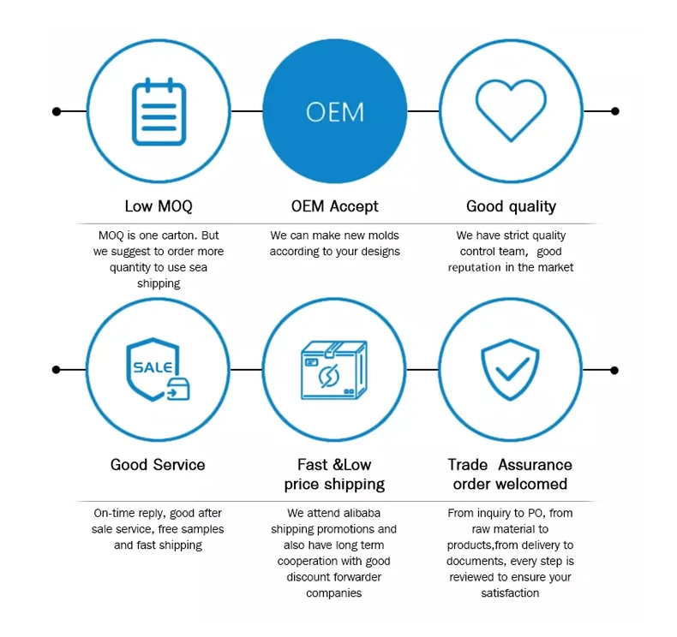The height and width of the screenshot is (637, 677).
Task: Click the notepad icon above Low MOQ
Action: (x=159, y=111)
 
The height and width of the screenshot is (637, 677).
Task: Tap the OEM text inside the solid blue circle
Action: (x=334, y=112)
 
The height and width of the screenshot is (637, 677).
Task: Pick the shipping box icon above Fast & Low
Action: (x=334, y=370)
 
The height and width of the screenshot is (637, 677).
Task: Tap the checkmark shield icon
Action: (x=510, y=369)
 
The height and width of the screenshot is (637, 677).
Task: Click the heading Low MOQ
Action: (x=159, y=206)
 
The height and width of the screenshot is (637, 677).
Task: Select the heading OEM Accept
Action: (x=334, y=206)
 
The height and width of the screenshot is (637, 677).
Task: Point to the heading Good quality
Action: (x=511, y=206)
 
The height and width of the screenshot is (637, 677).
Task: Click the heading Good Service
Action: (x=158, y=465)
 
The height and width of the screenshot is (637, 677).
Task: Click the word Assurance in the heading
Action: (x=535, y=465)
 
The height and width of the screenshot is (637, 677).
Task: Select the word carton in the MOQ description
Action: (x=183, y=235)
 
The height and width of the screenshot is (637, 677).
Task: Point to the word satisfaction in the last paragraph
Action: (x=510, y=593)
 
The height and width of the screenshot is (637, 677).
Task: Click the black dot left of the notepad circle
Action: (x=57, y=111)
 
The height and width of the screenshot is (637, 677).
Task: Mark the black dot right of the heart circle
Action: (x=614, y=111)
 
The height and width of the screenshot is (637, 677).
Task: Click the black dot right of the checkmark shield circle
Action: (x=614, y=370)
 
